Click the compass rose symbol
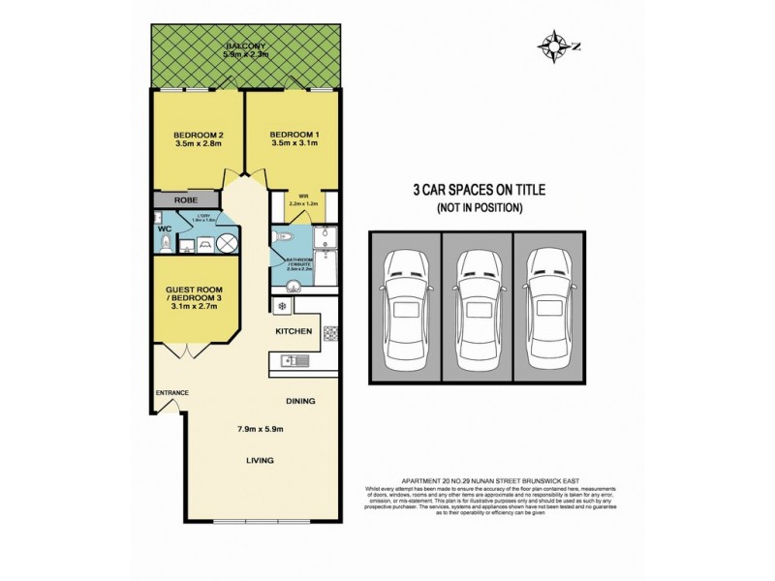point(553,44)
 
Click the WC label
point(164,229)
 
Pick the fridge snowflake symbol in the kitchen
point(283,309)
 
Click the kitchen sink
point(292,362)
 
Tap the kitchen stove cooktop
point(329,334)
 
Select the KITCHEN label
point(294,332)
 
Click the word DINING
point(299,400)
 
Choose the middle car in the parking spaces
point(476,308)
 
